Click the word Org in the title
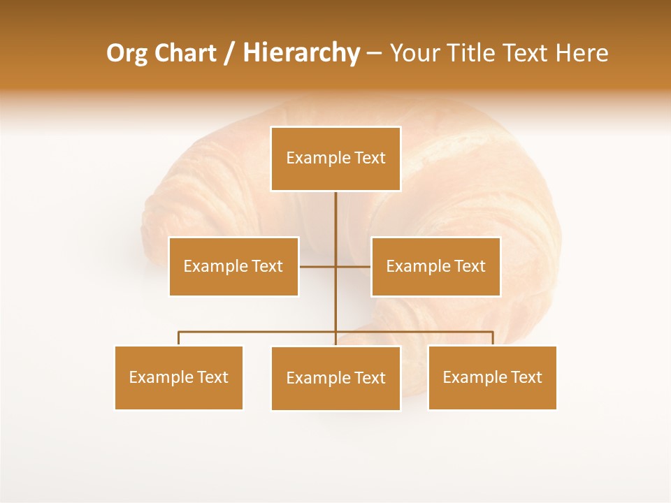127,54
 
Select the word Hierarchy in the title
301,54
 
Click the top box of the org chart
335,159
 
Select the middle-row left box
233,266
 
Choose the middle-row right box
435,266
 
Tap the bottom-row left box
179,378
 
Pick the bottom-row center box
335,379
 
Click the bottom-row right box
492,378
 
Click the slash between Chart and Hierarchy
229,54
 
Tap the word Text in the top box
370,158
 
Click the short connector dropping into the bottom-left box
179,338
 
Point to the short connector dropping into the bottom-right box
493,338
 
